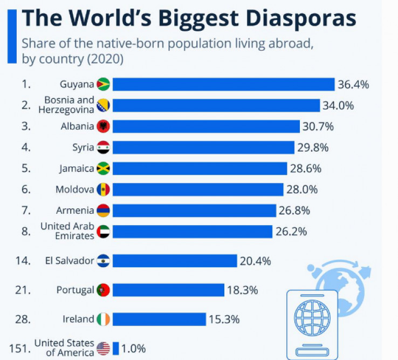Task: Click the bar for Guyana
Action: (x=223, y=84)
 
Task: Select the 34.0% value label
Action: (x=338, y=105)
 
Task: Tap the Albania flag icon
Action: (x=103, y=126)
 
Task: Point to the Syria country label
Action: (x=83, y=147)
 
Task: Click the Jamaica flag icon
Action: (x=103, y=168)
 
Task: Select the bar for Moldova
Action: (x=197, y=189)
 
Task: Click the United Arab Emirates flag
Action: (x=103, y=232)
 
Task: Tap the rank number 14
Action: (x=22, y=261)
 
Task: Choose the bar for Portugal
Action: (x=168, y=290)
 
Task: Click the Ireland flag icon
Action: (x=103, y=319)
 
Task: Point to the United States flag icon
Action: (x=103, y=349)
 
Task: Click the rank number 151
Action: (x=19, y=348)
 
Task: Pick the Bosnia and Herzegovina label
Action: (x=66, y=105)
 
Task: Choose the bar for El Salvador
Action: (x=174, y=261)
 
